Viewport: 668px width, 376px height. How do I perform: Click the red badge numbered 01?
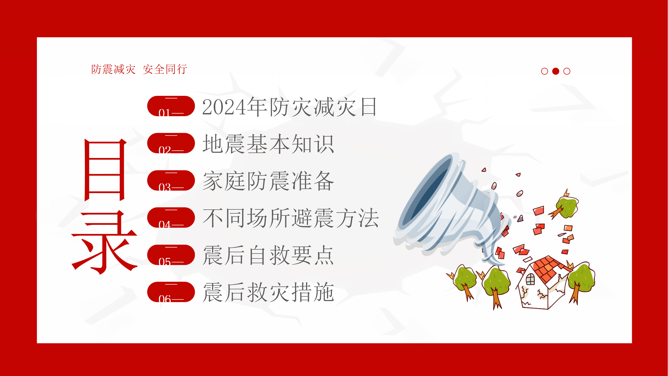tap(171, 106)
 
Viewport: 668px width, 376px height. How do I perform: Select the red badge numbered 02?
tap(171, 143)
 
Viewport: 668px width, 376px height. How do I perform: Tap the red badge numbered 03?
tap(171, 180)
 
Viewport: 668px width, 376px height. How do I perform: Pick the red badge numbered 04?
tap(171, 218)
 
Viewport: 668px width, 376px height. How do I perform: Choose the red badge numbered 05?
tap(171, 255)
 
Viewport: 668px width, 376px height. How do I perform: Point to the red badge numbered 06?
tap(171, 292)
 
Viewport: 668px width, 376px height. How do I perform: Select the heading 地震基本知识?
tap(268, 144)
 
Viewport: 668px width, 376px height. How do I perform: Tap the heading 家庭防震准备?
tap(268, 181)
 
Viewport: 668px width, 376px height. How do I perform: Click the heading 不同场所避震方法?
tap(290, 218)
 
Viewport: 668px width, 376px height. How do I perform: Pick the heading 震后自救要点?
tap(268, 255)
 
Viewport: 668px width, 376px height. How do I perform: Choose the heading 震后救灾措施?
tap(268, 292)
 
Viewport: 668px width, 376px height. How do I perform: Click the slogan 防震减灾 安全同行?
tap(139, 69)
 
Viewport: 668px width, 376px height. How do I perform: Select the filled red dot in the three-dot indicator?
tap(556, 71)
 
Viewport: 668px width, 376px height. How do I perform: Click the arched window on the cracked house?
tap(530, 279)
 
